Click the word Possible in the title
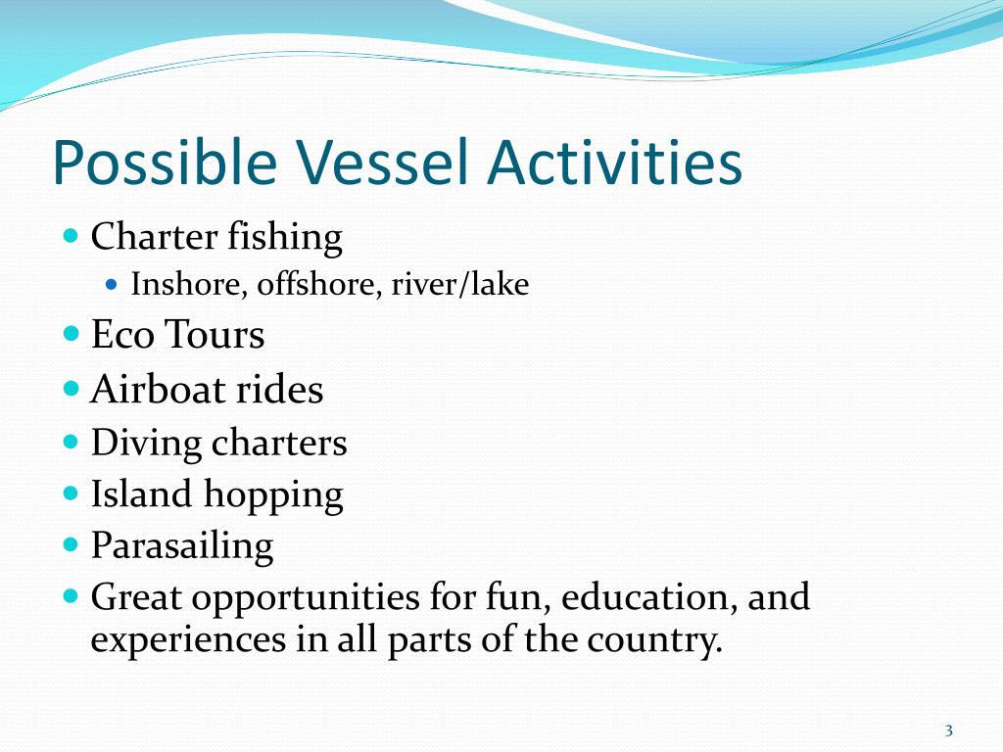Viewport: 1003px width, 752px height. tap(165, 164)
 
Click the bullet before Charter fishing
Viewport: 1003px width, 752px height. tap(72, 235)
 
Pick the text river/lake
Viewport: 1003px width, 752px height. tap(460, 284)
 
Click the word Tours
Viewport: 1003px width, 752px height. tap(215, 335)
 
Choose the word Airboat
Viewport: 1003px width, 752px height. tap(158, 390)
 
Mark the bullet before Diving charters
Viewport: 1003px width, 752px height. tap(72, 442)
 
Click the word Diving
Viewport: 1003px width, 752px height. tap(147, 444)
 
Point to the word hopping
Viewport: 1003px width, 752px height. tap(274, 495)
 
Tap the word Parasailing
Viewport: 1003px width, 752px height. tap(182, 546)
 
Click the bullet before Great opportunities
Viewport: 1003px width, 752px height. tap(72, 596)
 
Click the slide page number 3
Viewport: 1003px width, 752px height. tap(948, 730)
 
